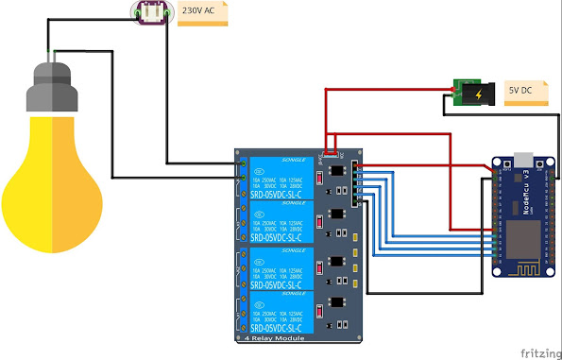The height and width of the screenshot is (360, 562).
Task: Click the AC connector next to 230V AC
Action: [151, 13]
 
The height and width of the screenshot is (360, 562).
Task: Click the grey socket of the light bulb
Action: [51, 86]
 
